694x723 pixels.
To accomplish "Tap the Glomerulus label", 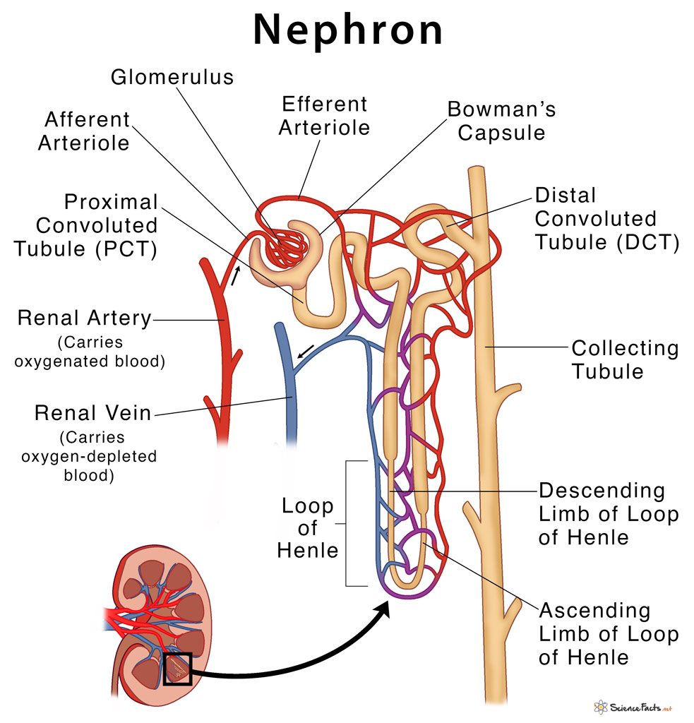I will pos(172,76).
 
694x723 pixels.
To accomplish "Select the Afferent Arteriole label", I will pos(84,131).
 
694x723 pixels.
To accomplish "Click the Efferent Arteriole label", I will pos(325,116).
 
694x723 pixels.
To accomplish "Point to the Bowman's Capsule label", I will pos(501,121).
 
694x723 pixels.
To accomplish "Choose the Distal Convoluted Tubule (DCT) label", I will pos(606,219).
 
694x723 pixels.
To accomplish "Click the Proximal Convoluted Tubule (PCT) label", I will pos(97,226).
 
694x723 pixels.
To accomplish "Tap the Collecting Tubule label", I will pos(624,359).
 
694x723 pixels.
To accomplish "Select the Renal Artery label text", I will pos(85,318).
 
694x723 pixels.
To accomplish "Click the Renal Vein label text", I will pos(93,412).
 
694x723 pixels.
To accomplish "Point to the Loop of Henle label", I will pos(308,527).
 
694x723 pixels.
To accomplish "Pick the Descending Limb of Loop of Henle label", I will pos(608,513).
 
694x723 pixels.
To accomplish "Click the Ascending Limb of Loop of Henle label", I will pos(608,633).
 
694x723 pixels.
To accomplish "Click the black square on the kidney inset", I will pos(177,668).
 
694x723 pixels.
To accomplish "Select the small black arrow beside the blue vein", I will pos(306,351).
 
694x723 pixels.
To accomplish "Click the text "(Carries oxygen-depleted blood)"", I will pos(89,456).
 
